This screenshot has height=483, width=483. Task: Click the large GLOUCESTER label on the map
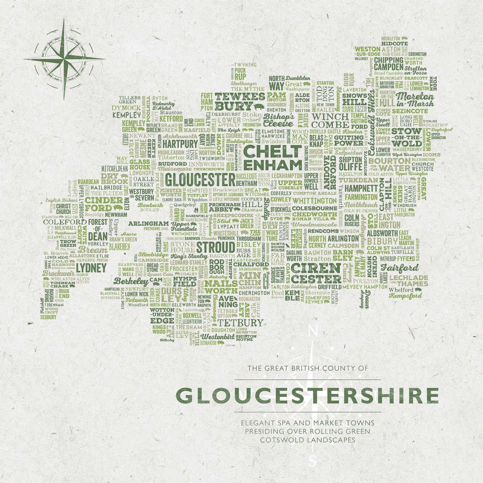pyautogui.click(x=200, y=180)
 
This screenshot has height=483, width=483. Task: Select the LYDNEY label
pyautogui.click(x=91, y=268)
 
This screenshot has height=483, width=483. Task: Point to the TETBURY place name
pyautogui.click(x=240, y=323)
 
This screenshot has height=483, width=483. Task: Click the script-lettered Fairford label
pyautogui.click(x=400, y=268)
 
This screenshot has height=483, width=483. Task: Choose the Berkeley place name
pyautogui.click(x=131, y=281)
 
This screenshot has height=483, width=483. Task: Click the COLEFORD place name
pyautogui.click(x=65, y=222)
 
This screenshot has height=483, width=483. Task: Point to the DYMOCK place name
pyautogui.click(x=126, y=108)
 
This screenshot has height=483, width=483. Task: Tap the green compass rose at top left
pyautogui.click(x=64, y=59)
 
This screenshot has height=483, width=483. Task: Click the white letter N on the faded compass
pyautogui.click(x=312, y=332)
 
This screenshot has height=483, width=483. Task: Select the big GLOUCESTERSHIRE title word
pyautogui.click(x=307, y=396)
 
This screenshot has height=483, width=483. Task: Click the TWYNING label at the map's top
pyautogui.click(x=245, y=65)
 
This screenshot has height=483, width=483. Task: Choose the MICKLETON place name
pyautogui.click(x=390, y=39)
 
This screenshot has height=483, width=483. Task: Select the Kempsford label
pyautogui.click(x=405, y=296)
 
